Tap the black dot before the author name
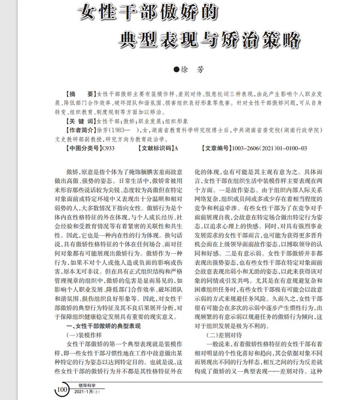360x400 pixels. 175,70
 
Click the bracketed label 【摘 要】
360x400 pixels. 81,95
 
